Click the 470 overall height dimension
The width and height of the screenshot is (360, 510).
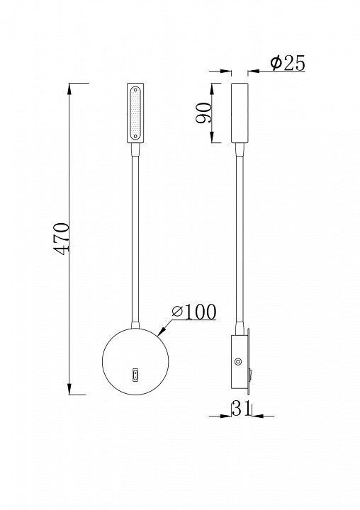tap(62, 239)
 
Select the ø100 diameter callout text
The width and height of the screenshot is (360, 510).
tap(194, 312)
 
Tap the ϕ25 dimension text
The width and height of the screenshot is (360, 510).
tap(288, 63)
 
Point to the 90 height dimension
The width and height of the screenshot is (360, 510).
tap(203, 113)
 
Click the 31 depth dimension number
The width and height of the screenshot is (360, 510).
tap(241, 408)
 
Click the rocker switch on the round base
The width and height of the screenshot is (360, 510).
tap(135, 375)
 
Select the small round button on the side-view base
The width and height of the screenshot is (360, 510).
tap(239, 361)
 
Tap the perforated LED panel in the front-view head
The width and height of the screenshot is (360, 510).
tap(135, 113)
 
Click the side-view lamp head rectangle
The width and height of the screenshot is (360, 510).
tap(240, 113)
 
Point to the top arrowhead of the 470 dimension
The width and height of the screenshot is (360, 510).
tap(69, 89)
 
